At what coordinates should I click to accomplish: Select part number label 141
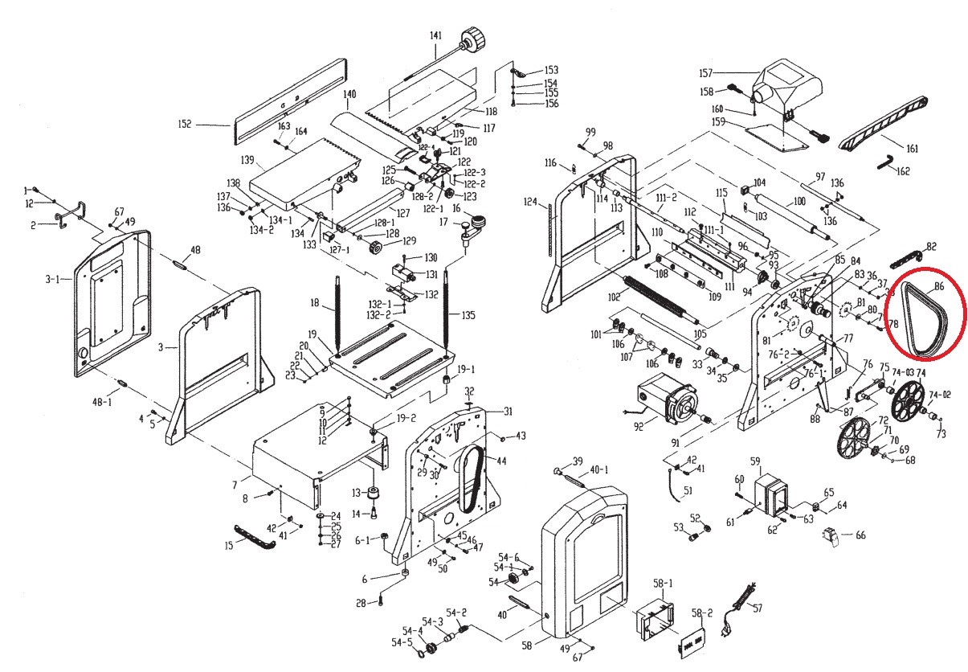pyautogui.click(x=436, y=35)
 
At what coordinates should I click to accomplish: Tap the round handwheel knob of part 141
pyautogui.click(x=474, y=37)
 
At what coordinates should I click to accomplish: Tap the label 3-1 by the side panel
pyautogui.click(x=53, y=279)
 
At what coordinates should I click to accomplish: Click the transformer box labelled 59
pyautogui.click(x=770, y=490)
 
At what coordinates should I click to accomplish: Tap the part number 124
pyautogui.click(x=529, y=201)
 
